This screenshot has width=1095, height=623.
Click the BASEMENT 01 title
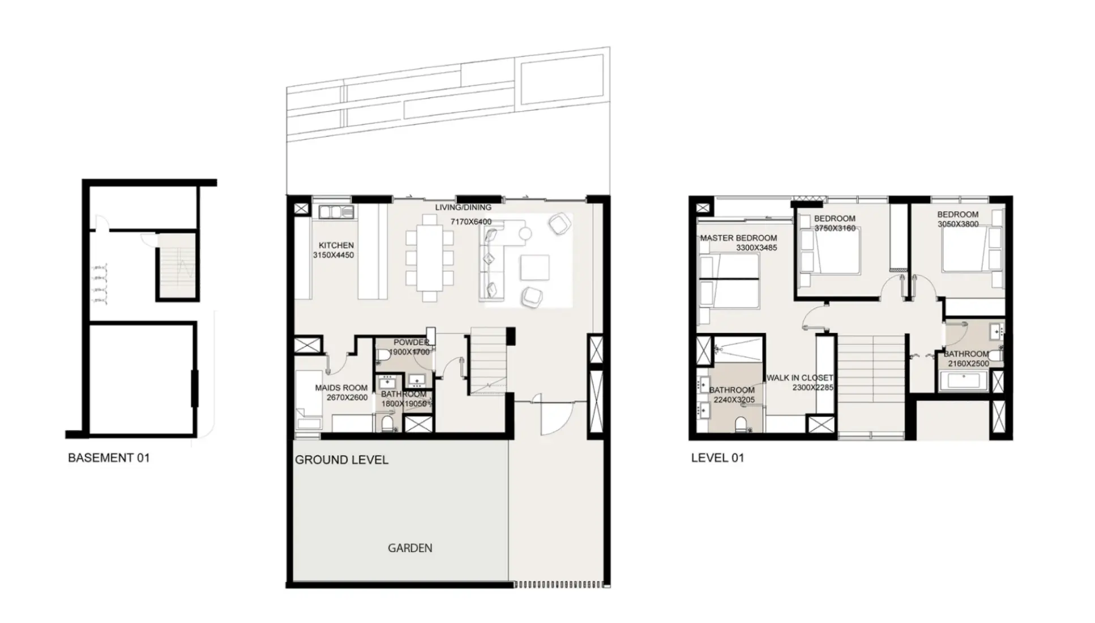109,458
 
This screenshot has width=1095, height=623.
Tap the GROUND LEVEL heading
341,460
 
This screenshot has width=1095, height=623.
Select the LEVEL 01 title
717,458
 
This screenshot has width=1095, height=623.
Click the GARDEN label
410,548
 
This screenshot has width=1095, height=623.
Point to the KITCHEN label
336,245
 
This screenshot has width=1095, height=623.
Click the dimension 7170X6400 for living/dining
470,222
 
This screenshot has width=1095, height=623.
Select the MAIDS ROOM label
341,388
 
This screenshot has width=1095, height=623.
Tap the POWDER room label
410,342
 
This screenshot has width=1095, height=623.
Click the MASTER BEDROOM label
738,238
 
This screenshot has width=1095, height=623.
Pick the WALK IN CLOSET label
799,378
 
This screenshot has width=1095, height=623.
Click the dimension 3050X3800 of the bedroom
957,224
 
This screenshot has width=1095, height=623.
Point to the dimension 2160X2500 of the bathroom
968,364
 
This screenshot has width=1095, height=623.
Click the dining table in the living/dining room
430,258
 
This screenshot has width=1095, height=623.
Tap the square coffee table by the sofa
534,267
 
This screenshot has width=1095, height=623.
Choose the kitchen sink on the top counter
336,212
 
